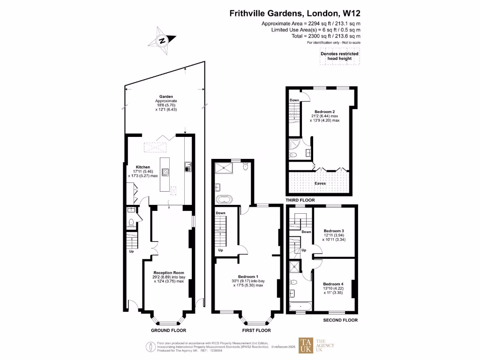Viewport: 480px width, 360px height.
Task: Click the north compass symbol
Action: (162, 40)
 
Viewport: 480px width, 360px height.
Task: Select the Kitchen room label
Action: (143, 167)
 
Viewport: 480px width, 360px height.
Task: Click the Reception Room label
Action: (168, 272)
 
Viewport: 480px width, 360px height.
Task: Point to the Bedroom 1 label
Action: (248, 276)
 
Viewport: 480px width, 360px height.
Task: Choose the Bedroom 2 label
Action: (324, 112)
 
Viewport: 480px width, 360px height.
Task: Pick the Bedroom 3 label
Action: (334, 231)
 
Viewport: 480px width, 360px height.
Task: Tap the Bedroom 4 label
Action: (333, 284)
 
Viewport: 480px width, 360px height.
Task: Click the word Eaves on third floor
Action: (320, 183)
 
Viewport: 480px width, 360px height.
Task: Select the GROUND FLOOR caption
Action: (166, 330)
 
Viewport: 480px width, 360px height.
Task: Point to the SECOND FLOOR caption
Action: (340, 320)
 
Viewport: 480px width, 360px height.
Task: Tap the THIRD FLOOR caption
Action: (300, 200)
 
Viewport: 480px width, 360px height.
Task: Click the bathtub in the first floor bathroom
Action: (225, 199)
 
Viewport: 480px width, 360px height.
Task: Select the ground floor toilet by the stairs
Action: (132, 222)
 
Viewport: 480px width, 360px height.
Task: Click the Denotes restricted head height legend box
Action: (339, 56)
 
